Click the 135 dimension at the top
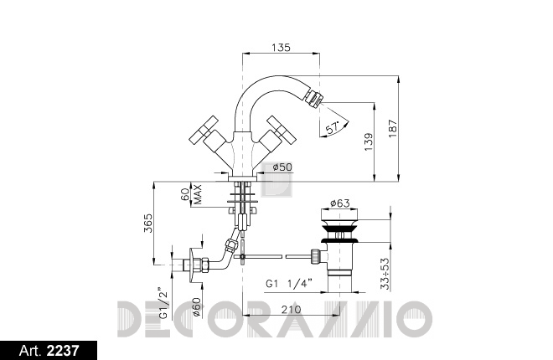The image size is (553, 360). coord(281,47)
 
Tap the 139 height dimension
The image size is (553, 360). coord(368,142)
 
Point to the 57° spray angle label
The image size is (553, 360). coord(333,128)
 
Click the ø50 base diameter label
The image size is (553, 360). coord(282,167)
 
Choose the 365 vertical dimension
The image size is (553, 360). coord(148,223)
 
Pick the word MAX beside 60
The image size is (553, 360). coord(198,194)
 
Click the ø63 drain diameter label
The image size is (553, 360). coord(339,203)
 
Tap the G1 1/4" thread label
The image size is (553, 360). coord(289,284)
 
